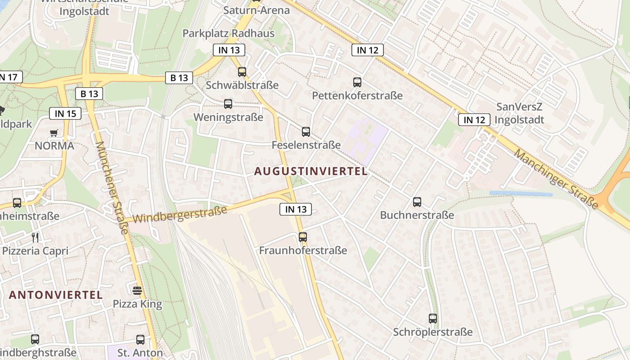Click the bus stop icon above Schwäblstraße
(242, 72)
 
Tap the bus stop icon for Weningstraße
(228, 104)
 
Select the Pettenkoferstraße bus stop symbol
(357, 82)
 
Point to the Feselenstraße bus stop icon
(306, 132)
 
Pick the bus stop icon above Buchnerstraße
(417, 202)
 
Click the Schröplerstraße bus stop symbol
(433, 319)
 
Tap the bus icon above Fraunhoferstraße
(303, 237)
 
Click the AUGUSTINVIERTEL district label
(311, 171)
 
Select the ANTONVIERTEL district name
(56, 295)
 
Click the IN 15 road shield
(65, 113)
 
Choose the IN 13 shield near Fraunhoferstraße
(296, 209)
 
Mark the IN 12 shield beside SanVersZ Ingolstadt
(474, 120)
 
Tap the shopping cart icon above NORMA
(54, 133)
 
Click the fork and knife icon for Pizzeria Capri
(36, 237)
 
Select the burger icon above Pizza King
(137, 290)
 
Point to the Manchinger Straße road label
(557, 179)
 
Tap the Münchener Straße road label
(112, 188)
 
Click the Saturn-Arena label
(256, 10)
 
